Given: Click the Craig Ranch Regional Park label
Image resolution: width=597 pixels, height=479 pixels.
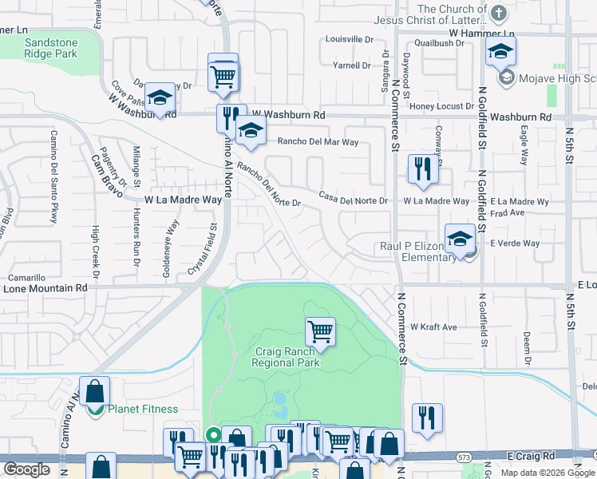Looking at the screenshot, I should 286,357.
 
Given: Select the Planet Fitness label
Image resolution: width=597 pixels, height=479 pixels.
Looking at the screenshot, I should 143,409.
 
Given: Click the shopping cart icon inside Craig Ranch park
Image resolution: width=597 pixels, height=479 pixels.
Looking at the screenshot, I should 320,330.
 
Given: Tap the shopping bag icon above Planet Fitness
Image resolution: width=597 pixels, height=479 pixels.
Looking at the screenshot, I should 94,391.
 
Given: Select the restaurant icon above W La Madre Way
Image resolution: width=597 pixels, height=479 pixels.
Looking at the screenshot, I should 420,168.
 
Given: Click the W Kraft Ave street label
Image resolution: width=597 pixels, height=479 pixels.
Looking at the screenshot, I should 433,327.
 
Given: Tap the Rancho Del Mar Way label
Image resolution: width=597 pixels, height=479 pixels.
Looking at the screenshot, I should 318,142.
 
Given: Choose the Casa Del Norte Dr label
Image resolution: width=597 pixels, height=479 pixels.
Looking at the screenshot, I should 353,197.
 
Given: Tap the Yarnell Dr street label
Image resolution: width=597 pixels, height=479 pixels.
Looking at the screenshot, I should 358,65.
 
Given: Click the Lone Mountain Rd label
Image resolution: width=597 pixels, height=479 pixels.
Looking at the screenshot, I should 47,287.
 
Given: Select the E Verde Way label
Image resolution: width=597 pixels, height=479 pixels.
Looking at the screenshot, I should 515,243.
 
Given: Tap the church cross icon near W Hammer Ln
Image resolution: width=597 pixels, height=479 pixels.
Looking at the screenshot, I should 499,13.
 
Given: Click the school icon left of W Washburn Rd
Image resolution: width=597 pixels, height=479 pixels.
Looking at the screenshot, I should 160,98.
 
